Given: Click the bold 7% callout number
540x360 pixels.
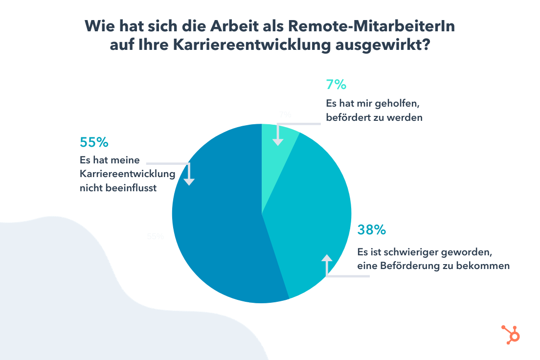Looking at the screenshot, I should click(336, 85).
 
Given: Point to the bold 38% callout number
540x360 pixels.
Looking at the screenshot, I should click(371, 230).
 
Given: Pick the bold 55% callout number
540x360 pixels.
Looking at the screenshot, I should click(93, 142).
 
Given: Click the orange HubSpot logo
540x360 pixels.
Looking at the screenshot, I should click(511, 334).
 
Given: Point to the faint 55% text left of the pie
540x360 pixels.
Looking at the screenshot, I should click(155, 236).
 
